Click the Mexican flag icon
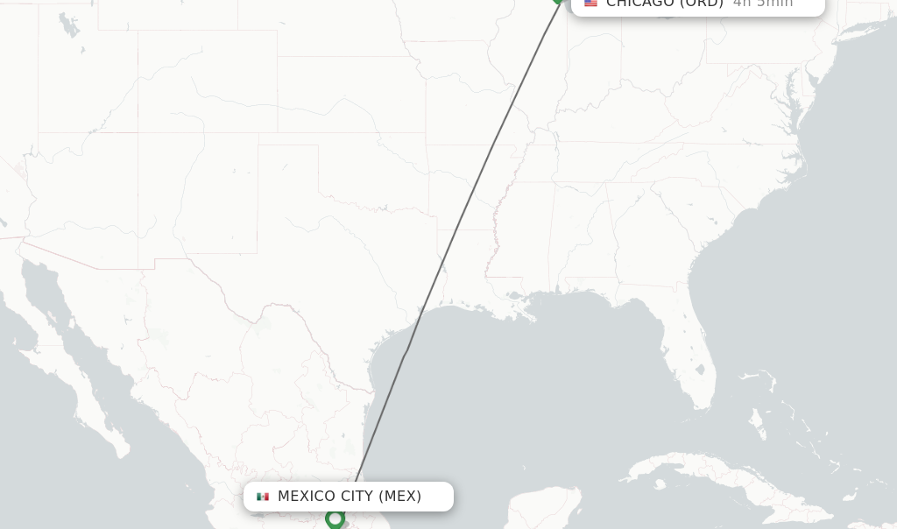tap(262, 497)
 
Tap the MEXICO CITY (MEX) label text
tap(350, 497)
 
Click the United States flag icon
tap(591, 3)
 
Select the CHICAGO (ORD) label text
tap(664, 4)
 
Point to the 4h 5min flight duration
tap(763, 4)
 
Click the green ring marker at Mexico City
tap(335, 519)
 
